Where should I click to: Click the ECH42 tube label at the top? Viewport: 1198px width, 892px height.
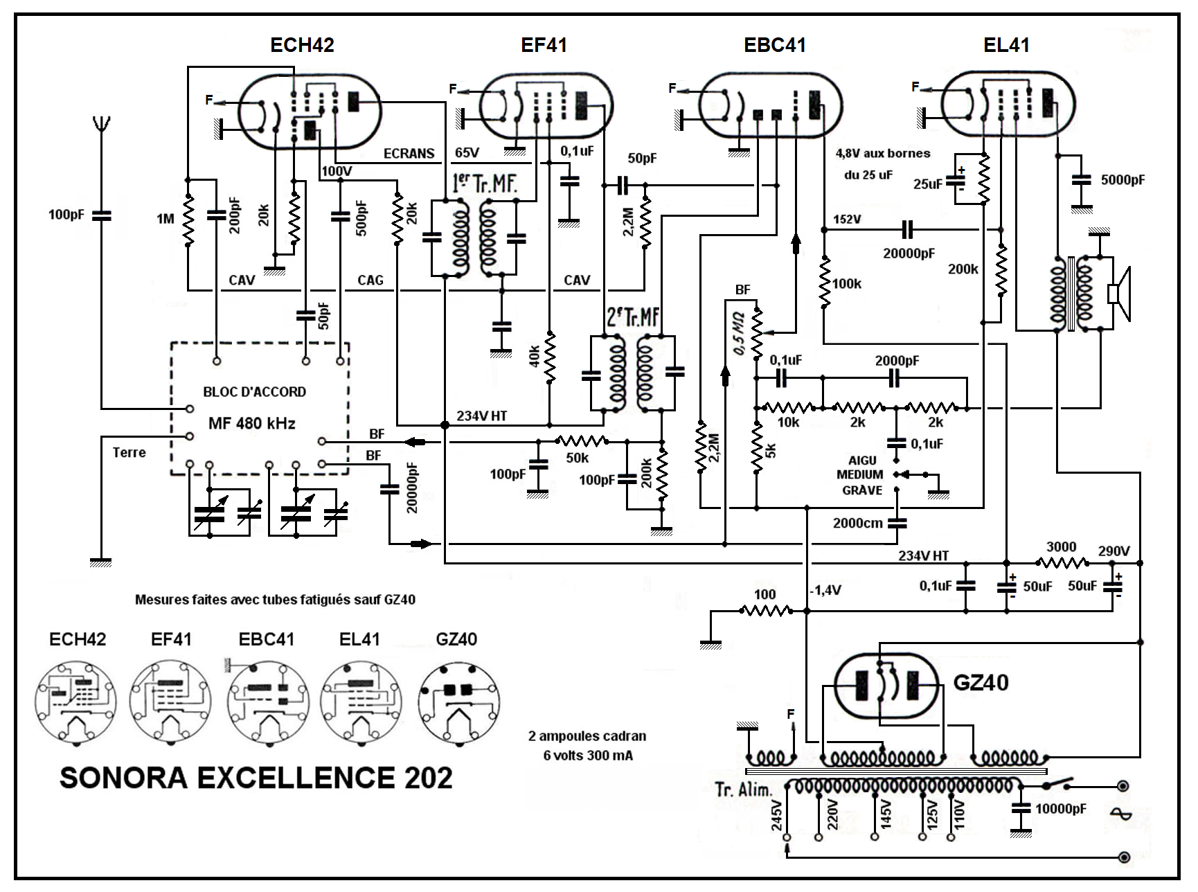pyautogui.click(x=302, y=46)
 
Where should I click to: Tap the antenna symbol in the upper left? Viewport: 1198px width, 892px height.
pyautogui.click(x=102, y=125)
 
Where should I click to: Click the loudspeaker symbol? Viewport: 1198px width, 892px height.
pyautogui.click(x=1119, y=293)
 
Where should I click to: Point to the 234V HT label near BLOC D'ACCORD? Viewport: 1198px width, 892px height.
pyautogui.click(x=481, y=416)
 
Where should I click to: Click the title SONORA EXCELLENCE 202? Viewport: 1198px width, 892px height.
pyautogui.click(x=256, y=778)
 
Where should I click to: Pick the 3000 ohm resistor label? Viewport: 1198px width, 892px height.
pyautogui.click(x=1061, y=547)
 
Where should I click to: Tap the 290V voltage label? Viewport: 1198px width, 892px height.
pyautogui.click(x=1114, y=551)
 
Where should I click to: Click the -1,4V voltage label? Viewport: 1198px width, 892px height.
pyautogui.click(x=825, y=590)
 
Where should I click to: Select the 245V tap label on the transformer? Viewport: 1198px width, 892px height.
pyautogui.click(x=777, y=815)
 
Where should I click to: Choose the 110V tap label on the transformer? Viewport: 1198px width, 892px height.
pyautogui.click(x=959, y=815)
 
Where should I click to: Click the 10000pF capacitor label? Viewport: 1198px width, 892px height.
pyautogui.click(x=1061, y=809)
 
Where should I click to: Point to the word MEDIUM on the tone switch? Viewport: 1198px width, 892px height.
pyautogui.click(x=859, y=475)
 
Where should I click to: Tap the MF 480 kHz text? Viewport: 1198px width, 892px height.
pyautogui.click(x=252, y=423)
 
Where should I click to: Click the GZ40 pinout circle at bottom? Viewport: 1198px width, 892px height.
pyautogui.click(x=458, y=703)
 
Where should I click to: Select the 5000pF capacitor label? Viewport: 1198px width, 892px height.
pyautogui.click(x=1123, y=180)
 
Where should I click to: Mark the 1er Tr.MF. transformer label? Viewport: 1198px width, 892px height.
pyautogui.click(x=484, y=184)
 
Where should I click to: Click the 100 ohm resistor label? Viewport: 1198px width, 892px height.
pyautogui.click(x=765, y=594)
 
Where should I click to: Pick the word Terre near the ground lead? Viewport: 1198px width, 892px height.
pyautogui.click(x=129, y=453)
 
